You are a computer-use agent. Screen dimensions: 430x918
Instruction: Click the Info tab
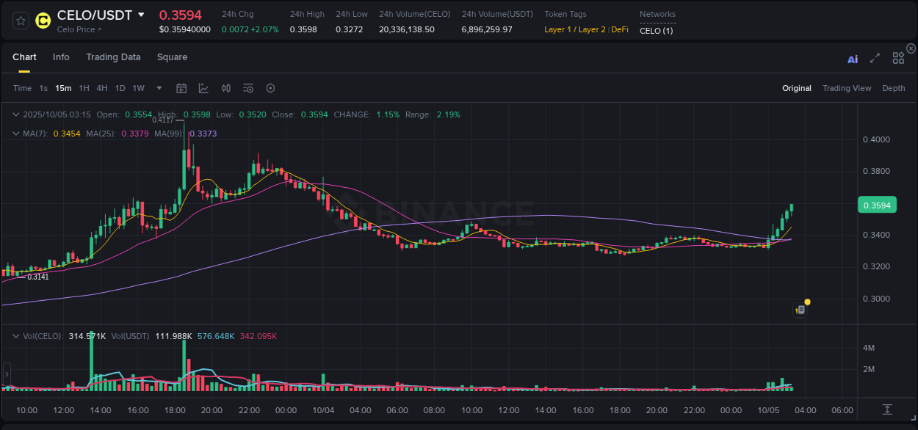click(x=61, y=57)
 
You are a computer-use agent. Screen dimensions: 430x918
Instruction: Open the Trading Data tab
click(x=113, y=57)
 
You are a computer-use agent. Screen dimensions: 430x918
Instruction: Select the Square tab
click(x=172, y=57)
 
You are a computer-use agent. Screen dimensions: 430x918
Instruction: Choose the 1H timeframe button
click(x=84, y=88)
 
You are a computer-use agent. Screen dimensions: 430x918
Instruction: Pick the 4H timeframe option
click(x=102, y=88)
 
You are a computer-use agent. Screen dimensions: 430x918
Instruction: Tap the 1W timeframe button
click(x=138, y=88)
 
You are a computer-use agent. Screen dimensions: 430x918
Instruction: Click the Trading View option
click(x=847, y=88)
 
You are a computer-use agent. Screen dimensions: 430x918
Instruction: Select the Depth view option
click(x=894, y=88)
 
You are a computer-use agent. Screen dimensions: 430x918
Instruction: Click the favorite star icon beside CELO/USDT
click(x=21, y=20)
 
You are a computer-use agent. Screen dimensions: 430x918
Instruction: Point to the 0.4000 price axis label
click(x=876, y=139)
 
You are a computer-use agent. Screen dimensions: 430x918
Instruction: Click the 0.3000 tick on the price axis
click(x=876, y=299)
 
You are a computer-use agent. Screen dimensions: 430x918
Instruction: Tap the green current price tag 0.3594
click(x=877, y=205)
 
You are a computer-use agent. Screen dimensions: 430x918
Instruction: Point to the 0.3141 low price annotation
click(x=38, y=277)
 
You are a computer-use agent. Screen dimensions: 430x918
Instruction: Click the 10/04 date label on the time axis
click(x=322, y=410)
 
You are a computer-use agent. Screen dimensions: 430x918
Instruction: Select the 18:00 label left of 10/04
click(x=175, y=410)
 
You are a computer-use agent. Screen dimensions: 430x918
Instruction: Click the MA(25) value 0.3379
click(x=134, y=134)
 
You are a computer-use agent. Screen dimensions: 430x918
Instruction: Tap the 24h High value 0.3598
click(x=304, y=29)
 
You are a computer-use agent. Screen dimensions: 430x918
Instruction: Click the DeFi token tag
click(x=619, y=29)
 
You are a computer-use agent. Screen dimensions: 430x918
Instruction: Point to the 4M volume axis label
click(x=868, y=348)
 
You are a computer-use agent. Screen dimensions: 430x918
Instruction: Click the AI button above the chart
click(x=853, y=59)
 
